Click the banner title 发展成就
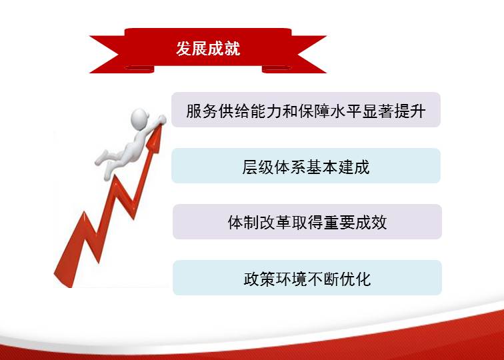pyautogui.click(x=208, y=49)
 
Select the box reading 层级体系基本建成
pyautogui.click(x=306, y=166)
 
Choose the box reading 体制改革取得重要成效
pyautogui.click(x=307, y=222)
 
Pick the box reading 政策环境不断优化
pyautogui.click(x=307, y=278)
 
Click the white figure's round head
pyautogui.click(x=139, y=118)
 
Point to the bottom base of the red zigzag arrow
pyautogui.click(x=64, y=279)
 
